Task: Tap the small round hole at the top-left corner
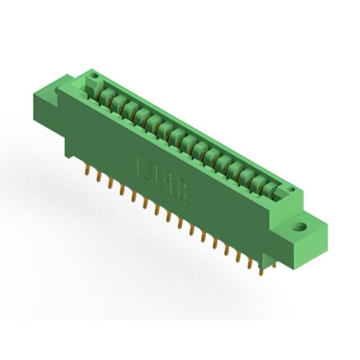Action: tap(94, 75)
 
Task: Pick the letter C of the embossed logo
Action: tap(185, 193)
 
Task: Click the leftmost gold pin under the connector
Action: tap(89, 171)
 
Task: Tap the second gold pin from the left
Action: tap(100, 178)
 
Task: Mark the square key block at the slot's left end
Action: tap(90, 87)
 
